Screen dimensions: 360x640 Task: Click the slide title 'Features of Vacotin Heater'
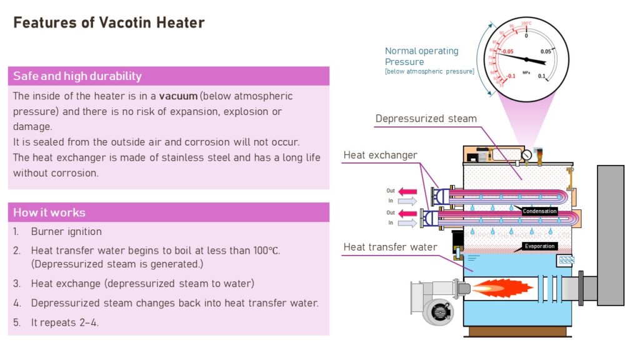coord(109,23)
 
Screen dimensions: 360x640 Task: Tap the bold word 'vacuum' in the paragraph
coord(178,96)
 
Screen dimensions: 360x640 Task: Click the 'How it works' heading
coord(49,212)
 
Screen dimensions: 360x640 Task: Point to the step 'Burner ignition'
coord(66,231)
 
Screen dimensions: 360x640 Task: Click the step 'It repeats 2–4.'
coord(64,322)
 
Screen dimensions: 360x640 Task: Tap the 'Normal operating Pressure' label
coord(421,56)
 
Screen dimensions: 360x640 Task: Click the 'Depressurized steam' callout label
coord(426,119)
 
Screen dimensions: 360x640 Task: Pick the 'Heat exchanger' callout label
coord(380,155)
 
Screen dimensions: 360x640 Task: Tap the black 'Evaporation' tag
coord(539,246)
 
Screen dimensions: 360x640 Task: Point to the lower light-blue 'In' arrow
coord(407,222)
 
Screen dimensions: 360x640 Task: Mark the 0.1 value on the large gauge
coord(542,76)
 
